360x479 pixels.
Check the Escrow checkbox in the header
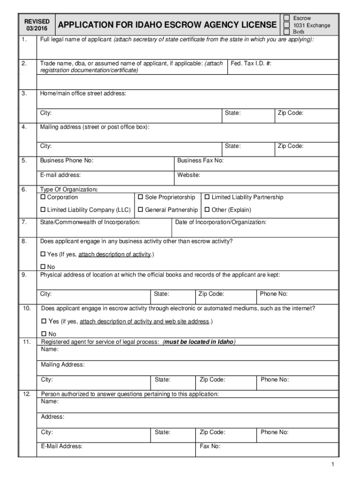[x=287, y=18]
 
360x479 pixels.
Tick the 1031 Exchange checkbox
[x=287, y=25]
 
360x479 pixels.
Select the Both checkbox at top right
[x=287, y=32]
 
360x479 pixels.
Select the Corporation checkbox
[x=43, y=197]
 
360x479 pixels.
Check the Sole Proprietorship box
[x=141, y=197]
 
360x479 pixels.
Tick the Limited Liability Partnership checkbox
[x=207, y=197]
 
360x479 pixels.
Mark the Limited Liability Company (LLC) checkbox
[x=43, y=210]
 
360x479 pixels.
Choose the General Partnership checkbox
[x=141, y=210]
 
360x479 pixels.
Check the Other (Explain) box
[x=207, y=210]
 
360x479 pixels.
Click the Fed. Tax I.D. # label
[x=251, y=63]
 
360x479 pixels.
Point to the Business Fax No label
[x=201, y=160]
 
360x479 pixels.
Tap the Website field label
[x=189, y=175]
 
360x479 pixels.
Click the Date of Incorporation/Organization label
[x=221, y=222]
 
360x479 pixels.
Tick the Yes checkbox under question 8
[x=43, y=254]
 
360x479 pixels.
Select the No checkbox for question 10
[x=45, y=334]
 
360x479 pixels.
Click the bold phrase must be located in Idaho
[x=199, y=342]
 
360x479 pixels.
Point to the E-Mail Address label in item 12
[x=62, y=446]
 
